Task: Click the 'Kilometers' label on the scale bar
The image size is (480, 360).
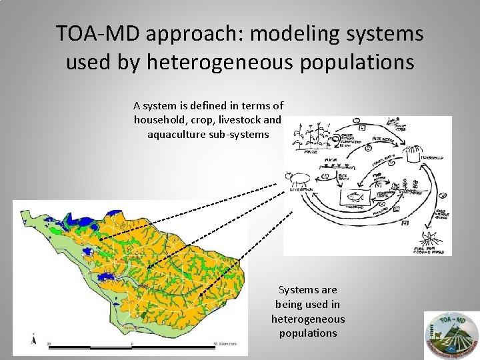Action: pos(231,343)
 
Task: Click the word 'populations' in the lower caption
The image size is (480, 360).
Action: pos(308,333)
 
